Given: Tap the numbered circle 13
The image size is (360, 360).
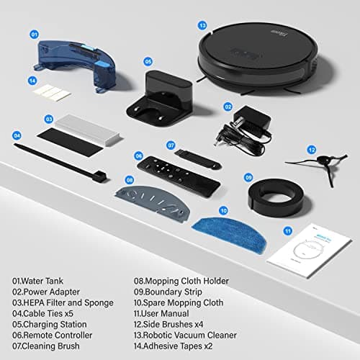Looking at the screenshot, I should [203, 25].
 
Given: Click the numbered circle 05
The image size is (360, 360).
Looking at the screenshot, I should [148, 61].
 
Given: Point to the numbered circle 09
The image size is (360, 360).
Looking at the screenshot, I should [248, 177].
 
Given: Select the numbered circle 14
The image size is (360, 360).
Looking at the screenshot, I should [32, 81].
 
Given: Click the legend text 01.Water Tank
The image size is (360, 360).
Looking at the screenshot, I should [42, 281].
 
